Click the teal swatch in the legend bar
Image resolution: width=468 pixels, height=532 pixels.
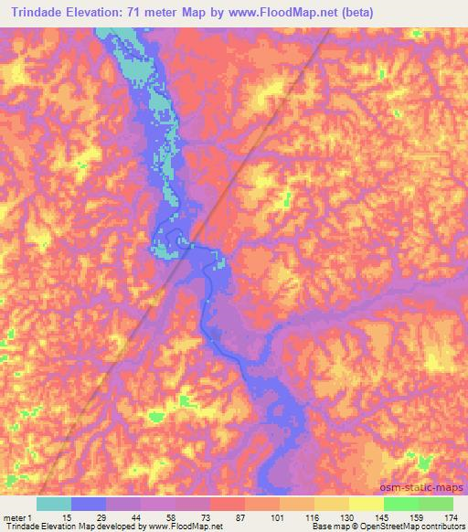coord(54,503)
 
